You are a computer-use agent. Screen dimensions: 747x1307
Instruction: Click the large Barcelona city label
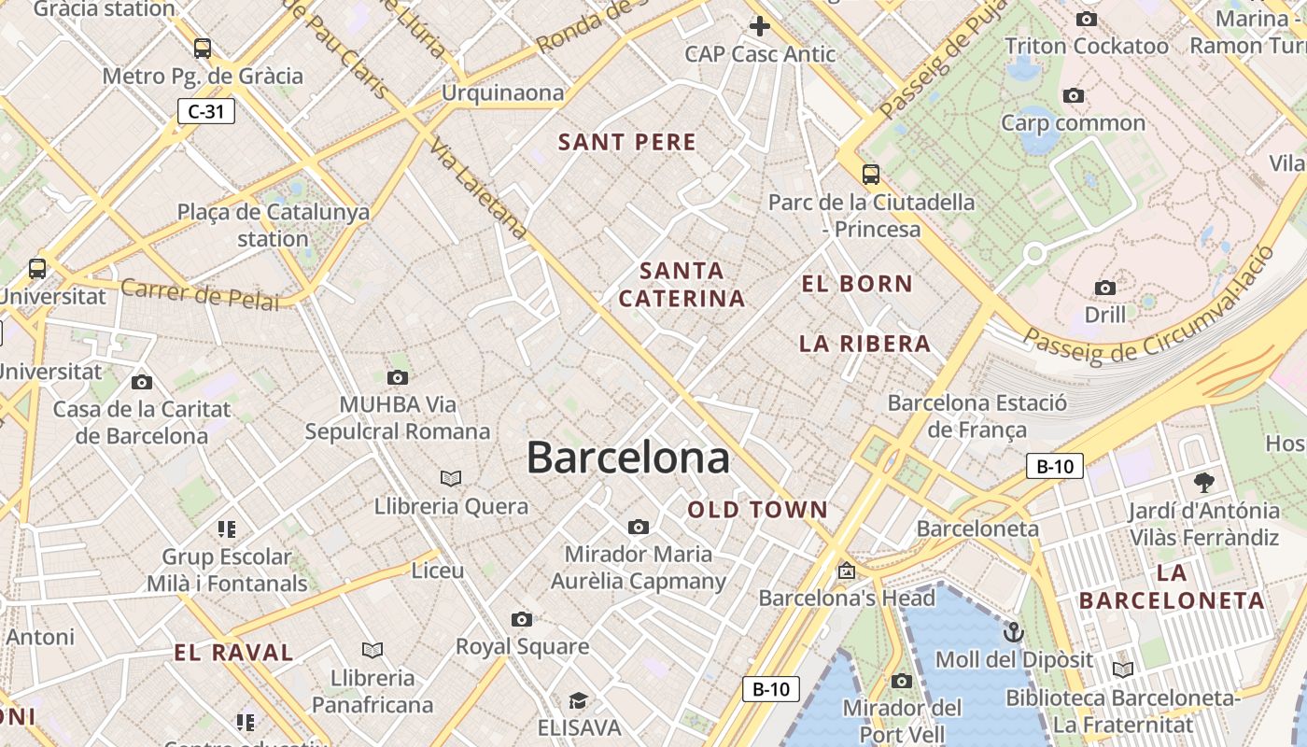coord(627,458)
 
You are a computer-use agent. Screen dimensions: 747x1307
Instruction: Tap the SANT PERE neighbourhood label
coord(627,142)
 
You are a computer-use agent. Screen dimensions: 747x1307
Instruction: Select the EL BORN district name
coord(857,284)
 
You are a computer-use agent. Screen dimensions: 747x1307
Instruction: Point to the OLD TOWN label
coord(758,510)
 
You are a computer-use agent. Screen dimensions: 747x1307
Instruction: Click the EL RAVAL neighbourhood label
coord(233,653)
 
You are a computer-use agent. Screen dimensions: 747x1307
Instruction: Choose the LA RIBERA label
coord(864,344)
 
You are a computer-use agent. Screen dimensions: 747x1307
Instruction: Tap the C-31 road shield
coord(206,112)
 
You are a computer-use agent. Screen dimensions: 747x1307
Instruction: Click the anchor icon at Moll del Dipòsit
coord(1013,633)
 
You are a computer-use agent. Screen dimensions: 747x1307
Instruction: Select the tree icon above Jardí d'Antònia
coord(1203,483)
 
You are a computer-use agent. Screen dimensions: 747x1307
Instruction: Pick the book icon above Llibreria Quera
coord(451,479)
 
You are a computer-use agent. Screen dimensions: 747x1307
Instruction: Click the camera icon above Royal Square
coord(522,619)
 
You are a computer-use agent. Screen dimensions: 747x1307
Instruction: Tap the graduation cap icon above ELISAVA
coord(578,700)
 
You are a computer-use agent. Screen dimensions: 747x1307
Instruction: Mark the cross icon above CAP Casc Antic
coord(760,26)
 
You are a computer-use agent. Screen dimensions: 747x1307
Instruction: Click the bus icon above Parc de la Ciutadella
coord(870,174)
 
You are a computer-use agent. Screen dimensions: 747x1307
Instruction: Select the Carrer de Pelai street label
coord(200,294)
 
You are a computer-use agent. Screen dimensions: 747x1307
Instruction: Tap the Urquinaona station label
coord(503,92)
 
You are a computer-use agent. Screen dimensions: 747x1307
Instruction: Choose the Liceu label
coord(437,570)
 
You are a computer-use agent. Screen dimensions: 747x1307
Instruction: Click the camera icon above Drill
coord(1105,288)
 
